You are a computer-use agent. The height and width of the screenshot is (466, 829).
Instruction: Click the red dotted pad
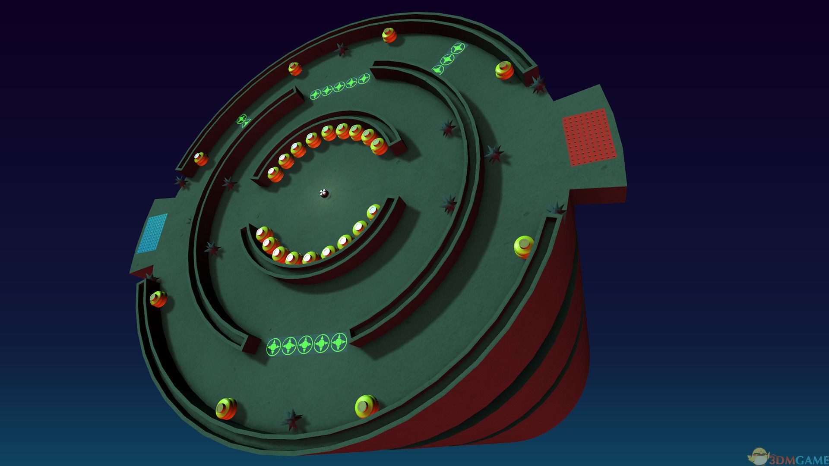tap(589, 137)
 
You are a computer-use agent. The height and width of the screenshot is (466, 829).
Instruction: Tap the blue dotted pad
tap(152, 233)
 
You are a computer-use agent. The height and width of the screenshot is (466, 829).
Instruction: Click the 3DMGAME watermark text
tap(798, 460)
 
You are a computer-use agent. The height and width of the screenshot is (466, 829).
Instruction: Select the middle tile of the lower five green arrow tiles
tap(306, 344)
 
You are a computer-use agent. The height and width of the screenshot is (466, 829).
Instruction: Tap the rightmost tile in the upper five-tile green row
tap(364, 79)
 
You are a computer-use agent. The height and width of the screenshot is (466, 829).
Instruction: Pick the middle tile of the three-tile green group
tap(448, 59)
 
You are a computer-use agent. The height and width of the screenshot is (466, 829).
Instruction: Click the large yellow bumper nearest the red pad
tap(504, 70)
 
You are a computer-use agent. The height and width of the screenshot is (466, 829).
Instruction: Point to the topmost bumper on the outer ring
tap(389, 35)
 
